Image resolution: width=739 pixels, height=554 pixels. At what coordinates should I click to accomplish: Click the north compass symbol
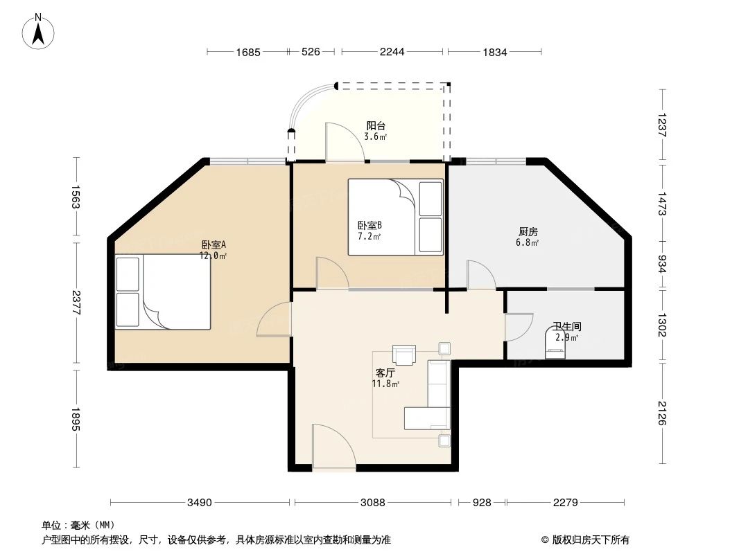tap(40, 31)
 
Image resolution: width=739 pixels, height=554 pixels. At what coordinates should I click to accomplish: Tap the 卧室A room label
tap(214, 244)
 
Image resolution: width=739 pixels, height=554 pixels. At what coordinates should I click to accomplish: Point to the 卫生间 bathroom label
tap(566, 326)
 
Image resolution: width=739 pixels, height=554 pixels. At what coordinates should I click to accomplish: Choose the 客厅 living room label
tap(384, 373)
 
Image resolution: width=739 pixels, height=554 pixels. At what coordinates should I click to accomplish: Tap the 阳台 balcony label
tap(376, 126)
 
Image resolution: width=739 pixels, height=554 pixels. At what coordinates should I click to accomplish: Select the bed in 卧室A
tap(163, 292)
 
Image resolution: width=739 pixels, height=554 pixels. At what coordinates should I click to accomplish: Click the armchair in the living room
tap(403, 355)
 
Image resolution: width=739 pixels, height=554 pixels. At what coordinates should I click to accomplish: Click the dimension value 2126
tap(663, 414)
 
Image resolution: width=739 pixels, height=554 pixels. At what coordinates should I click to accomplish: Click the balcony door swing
tap(340, 143)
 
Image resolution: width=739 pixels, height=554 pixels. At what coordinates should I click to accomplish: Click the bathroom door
tap(518, 328)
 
